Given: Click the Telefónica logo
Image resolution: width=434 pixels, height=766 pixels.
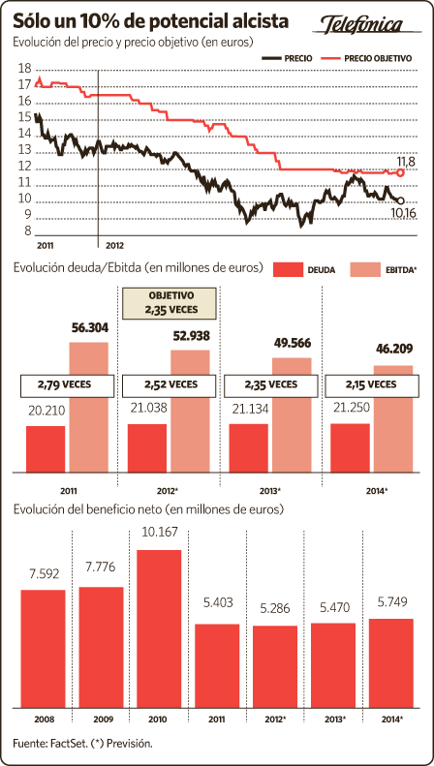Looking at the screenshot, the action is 361,24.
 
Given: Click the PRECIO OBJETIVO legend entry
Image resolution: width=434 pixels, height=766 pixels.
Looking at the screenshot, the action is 366,58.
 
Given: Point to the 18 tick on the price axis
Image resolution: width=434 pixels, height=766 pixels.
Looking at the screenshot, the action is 24,68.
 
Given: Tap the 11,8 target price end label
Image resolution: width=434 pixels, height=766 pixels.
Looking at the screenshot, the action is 406,162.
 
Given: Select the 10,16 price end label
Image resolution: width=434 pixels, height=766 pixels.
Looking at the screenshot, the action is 403,212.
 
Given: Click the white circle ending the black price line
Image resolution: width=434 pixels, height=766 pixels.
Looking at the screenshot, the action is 401,200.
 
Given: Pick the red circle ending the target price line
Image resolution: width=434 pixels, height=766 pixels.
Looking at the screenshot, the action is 401,172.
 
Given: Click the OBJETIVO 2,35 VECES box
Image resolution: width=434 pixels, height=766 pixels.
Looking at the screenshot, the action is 169,303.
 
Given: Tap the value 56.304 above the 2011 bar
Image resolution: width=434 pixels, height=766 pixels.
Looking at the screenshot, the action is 89,328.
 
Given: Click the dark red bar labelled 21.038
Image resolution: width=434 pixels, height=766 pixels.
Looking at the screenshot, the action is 146,448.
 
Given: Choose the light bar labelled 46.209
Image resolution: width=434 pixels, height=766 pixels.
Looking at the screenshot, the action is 393,419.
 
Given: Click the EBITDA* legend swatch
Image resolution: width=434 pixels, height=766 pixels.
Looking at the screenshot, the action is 365,269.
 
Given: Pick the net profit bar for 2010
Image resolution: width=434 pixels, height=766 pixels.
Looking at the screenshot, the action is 159,628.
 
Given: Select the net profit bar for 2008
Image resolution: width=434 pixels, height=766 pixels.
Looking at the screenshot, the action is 43,649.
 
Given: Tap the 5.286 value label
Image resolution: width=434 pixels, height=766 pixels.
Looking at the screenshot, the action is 275,609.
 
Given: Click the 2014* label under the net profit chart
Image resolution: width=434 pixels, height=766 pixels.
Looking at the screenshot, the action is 391,720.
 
